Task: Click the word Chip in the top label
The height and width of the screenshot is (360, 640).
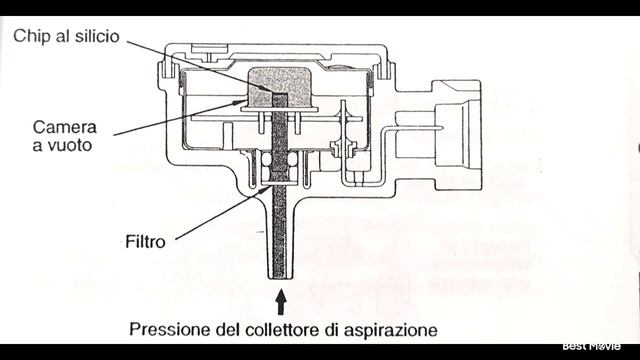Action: [31, 36]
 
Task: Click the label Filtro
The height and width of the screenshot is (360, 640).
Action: [145, 241]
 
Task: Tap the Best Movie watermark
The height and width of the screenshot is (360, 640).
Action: [591, 346]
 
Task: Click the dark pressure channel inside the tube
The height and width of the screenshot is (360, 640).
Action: [281, 200]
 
